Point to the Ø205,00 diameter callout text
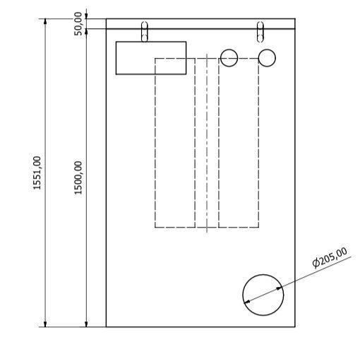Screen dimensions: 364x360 330,257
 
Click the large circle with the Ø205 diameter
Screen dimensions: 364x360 263,295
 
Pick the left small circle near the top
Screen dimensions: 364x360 229,57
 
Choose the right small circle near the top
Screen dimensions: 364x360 267,57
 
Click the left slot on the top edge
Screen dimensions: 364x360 145,32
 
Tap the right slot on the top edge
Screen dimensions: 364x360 260,32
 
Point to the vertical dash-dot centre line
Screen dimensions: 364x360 206,141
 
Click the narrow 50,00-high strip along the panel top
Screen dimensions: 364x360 200,24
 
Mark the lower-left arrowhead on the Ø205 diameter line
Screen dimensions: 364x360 246,303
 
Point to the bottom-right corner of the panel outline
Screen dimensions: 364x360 294,327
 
